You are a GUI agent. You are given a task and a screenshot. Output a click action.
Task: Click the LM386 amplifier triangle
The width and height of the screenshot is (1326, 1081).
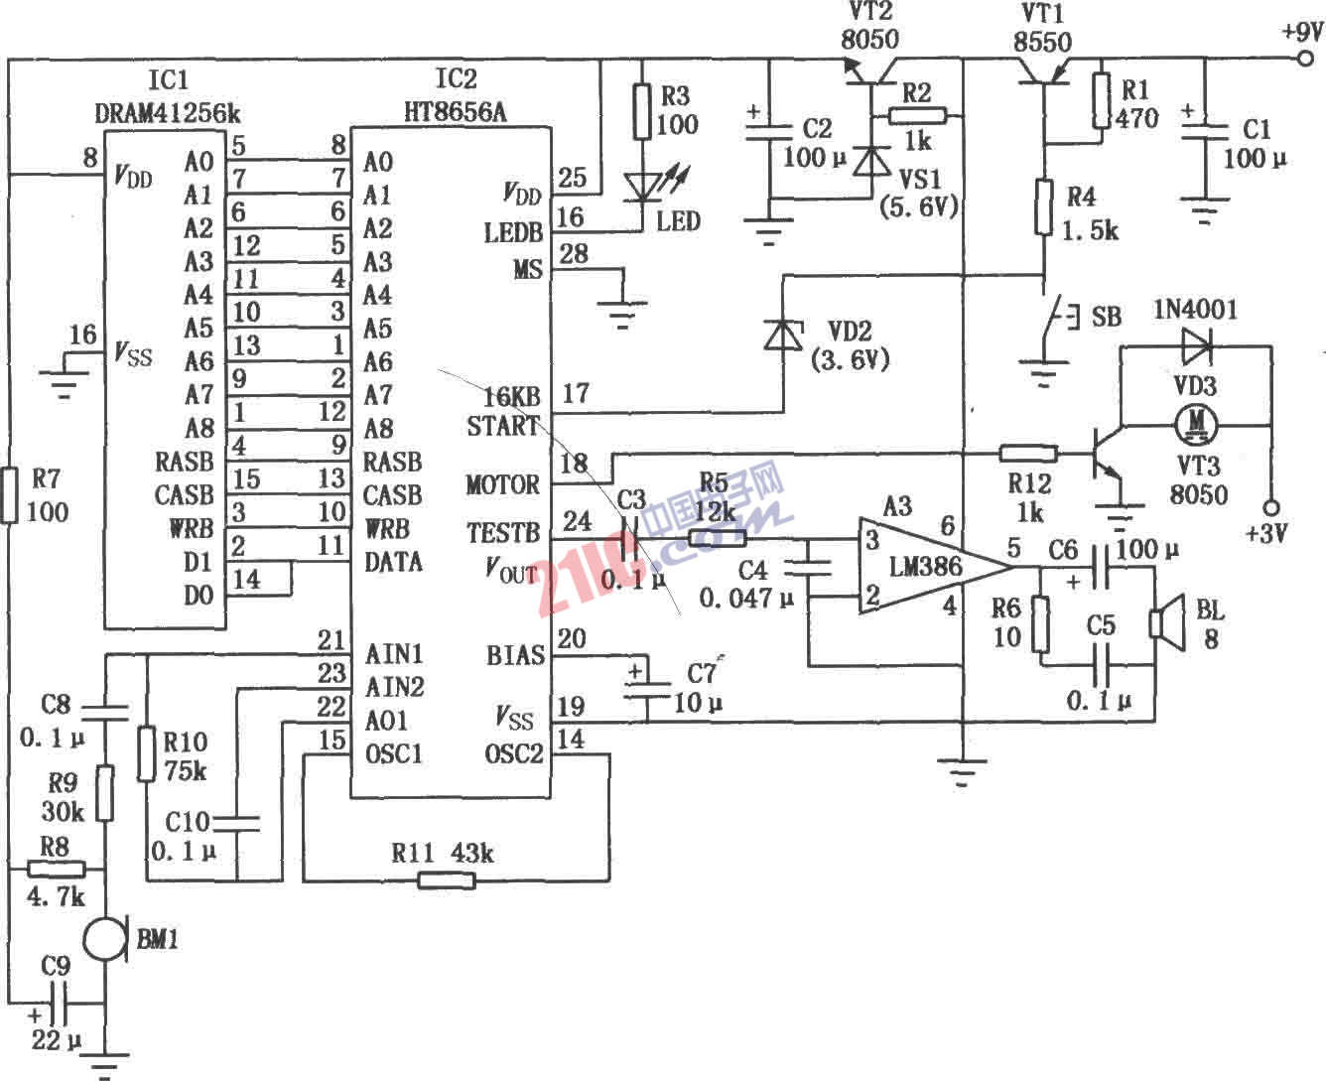click(x=923, y=567)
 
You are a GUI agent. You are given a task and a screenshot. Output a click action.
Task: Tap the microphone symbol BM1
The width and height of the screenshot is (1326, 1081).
click(x=105, y=938)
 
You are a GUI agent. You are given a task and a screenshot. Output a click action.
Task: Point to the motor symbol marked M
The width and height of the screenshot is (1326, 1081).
click(x=1196, y=423)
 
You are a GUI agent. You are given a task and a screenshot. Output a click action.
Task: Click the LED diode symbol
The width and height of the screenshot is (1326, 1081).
click(x=642, y=188)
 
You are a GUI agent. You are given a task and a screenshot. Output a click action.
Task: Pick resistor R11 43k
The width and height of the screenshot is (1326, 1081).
click(x=446, y=879)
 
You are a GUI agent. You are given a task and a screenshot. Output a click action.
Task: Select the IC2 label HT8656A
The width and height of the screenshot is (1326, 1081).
click(x=455, y=111)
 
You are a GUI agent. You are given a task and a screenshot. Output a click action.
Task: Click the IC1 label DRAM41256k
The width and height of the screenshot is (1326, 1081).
click(x=167, y=111)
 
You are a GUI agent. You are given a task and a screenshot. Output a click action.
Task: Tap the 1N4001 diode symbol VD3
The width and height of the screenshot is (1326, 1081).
click(x=1196, y=346)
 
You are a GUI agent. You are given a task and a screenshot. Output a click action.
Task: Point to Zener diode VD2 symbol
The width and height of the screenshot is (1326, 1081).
click(x=782, y=335)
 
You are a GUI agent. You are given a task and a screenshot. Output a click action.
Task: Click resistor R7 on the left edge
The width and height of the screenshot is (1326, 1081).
click(x=9, y=496)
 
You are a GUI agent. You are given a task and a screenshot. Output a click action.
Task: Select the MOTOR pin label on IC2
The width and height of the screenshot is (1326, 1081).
click(x=502, y=485)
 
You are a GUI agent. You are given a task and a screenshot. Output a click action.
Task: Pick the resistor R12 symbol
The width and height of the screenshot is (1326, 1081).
click(x=1028, y=455)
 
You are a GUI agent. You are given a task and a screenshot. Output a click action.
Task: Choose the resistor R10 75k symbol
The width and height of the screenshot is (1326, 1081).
click(x=147, y=753)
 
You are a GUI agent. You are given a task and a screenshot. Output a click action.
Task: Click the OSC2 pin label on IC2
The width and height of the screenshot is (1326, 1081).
click(x=514, y=754)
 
